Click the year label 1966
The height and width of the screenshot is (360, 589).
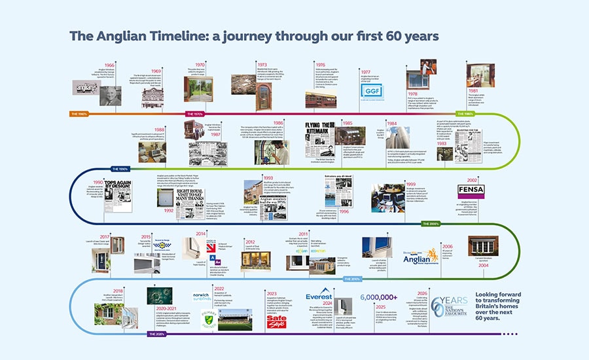click(x=109, y=65)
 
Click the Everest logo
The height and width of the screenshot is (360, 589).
click(x=319, y=296)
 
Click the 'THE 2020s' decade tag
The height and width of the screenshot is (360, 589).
click(x=156, y=334)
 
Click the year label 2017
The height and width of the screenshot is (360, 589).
click(x=103, y=237)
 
